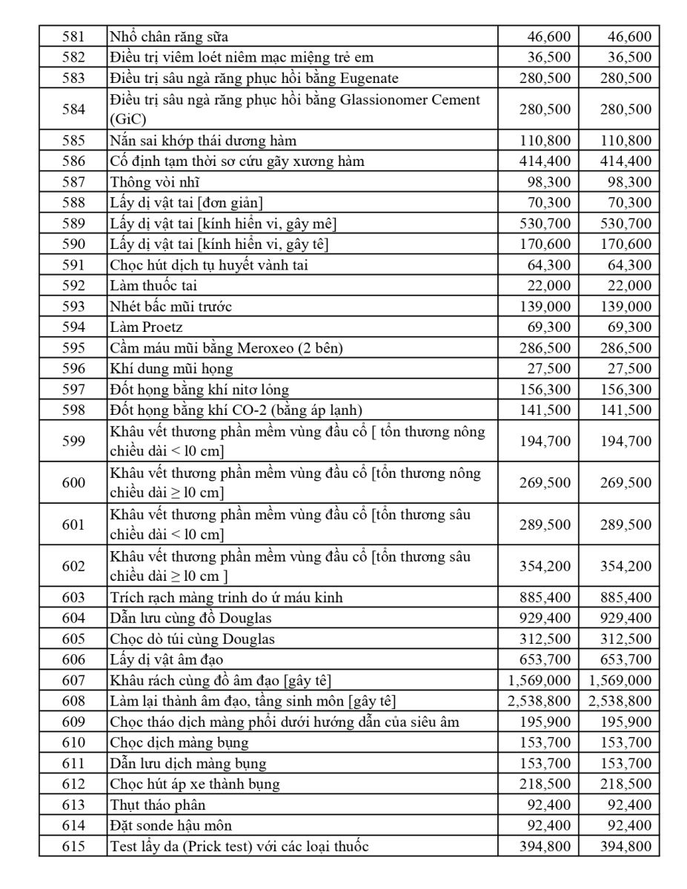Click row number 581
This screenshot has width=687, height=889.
73,36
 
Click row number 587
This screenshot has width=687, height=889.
73,182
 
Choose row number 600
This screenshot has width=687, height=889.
73,482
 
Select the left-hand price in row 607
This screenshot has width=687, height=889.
540,680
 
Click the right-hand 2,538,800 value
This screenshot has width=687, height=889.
620,701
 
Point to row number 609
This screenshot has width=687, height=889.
73,722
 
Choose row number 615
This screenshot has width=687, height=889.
73,846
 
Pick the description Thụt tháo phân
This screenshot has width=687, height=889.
158,805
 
